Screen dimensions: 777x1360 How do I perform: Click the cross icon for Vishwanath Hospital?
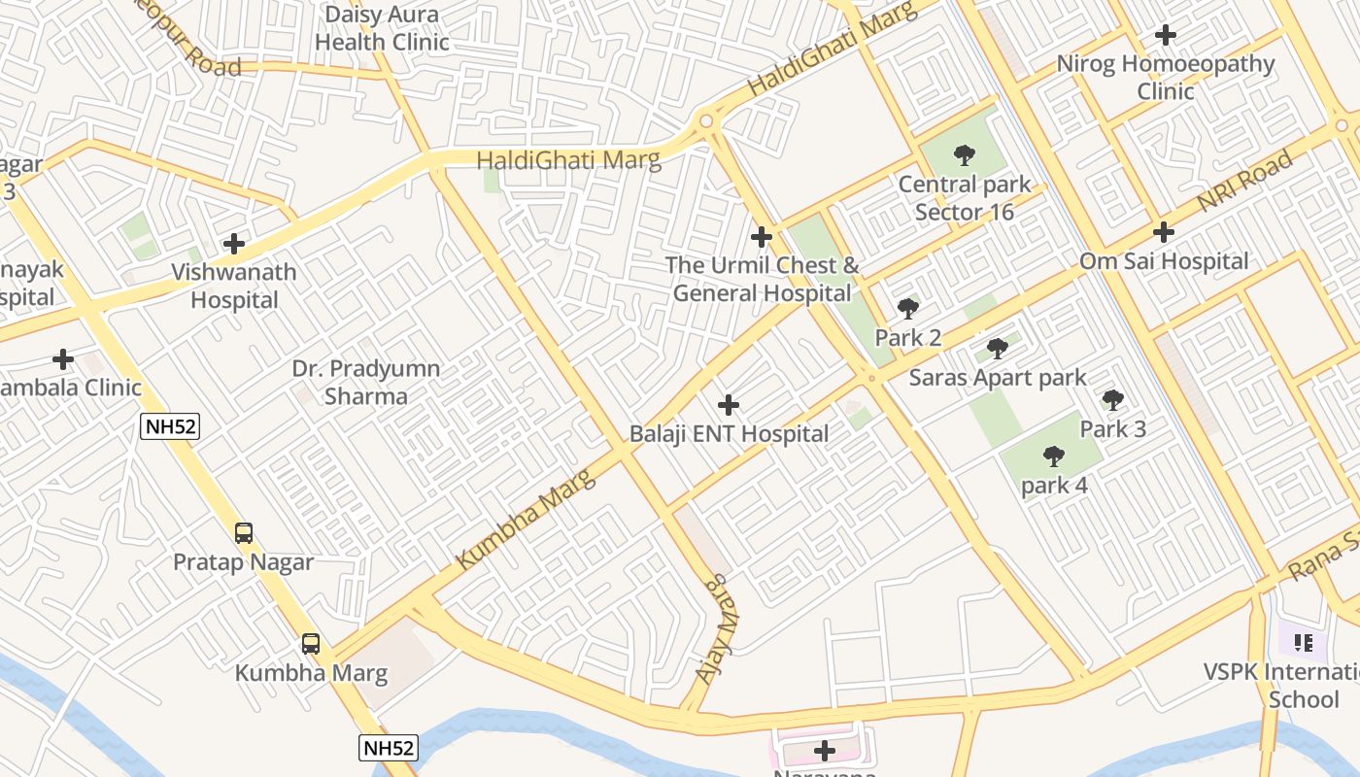[234, 244]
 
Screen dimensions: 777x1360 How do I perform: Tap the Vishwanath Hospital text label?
[234, 287]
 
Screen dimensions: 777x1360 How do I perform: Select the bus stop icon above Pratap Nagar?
[244, 532]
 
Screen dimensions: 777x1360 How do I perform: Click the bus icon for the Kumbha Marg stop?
[311, 643]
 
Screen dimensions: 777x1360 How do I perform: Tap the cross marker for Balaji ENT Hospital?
[729, 405]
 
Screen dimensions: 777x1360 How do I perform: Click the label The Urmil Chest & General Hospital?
[763, 280]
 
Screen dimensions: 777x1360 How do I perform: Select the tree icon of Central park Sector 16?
[964, 155]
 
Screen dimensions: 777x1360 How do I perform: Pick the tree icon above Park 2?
[908, 309]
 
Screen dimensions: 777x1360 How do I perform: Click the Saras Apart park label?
[998, 378]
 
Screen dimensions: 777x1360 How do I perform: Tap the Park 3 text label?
[1113, 429]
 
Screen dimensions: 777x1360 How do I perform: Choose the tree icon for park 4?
[1054, 456]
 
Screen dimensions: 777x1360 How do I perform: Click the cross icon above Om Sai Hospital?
[1164, 232]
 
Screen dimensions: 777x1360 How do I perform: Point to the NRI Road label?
[1244, 182]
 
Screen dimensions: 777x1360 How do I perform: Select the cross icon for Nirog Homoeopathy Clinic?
[1166, 36]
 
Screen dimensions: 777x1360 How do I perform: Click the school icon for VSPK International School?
[1304, 642]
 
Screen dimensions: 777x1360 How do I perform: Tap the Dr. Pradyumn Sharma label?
[366, 383]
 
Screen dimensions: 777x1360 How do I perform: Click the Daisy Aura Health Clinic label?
[382, 28]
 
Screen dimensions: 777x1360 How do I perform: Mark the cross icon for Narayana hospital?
[825, 751]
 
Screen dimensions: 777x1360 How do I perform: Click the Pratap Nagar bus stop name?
[244, 562]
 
